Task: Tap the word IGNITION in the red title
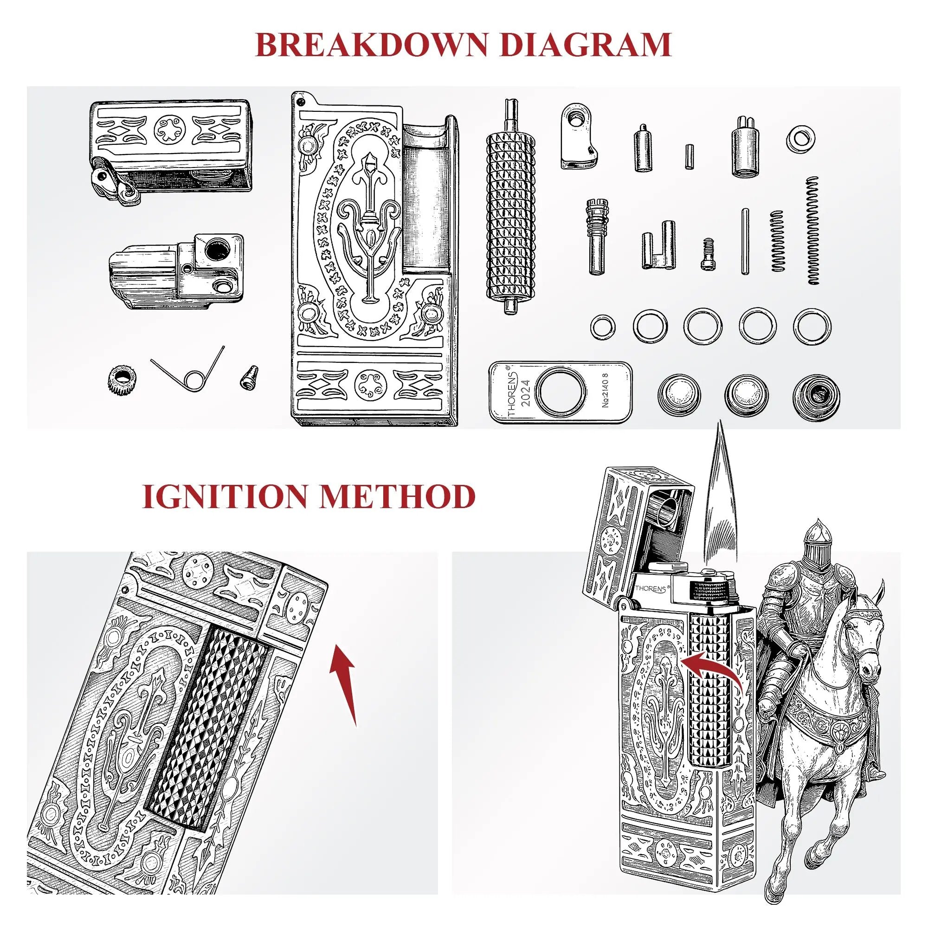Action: tap(224, 496)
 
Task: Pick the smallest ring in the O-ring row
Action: tap(603, 327)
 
